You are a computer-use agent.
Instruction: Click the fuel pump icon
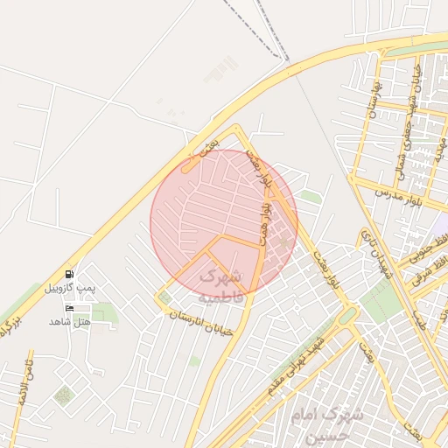tap(70, 274)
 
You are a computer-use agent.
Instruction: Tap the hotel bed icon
tap(70, 308)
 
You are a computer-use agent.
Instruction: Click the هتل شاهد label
tap(70, 321)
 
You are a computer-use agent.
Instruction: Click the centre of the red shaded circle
tap(224, 222)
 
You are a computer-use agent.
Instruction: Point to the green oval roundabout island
tap(347, 316)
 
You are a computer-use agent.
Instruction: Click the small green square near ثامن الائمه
tap(63, 395)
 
